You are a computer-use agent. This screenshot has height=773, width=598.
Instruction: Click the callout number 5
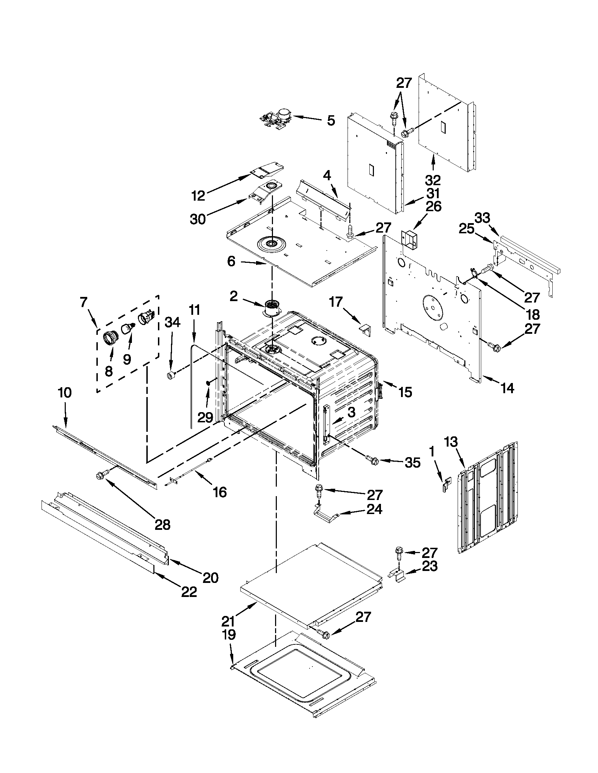coord(330,120)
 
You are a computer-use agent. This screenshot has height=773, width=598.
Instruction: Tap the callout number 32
coord(433,180)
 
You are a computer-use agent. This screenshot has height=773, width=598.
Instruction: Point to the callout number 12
coord(198,195)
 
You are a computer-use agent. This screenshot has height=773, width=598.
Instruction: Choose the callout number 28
coord(163,524)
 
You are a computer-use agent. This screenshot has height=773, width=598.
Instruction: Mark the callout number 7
coord(83,303)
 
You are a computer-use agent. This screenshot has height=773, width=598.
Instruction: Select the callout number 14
coord(507,388)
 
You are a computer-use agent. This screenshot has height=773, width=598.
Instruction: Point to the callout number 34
coord(172,322)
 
